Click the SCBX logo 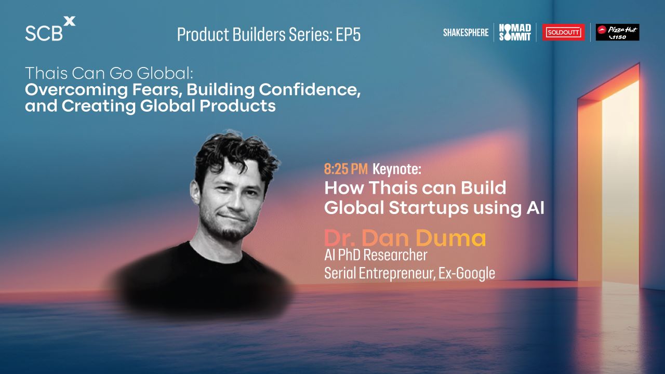click(50, 29)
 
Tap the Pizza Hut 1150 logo click(618, 32)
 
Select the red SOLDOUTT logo click(564, 32)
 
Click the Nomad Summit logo click(515, 32)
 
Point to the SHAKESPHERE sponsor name click(466, 32)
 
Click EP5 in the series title click(348, 34)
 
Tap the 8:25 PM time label click(346, 169)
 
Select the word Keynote click(397, 169)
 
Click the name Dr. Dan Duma click(405, 238)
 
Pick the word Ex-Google click(467, 273)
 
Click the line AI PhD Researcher click(376, 255)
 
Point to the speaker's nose click(234, 202)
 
